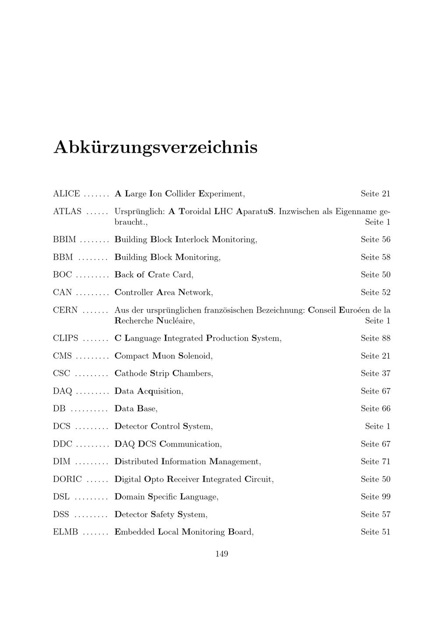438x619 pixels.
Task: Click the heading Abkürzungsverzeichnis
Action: (155, 148)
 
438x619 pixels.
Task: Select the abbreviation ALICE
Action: (67, 193)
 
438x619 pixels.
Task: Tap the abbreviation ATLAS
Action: (67, 211)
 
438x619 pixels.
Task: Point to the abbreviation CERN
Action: (65, 310)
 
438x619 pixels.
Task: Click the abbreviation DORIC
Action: (67, 479)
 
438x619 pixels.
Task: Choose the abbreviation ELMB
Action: (66, 532)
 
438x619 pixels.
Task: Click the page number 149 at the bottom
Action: (222, 554)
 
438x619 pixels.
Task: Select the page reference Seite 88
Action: (375, 338)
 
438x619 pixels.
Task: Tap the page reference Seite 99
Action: (375, 496)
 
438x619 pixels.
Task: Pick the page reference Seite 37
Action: (375, 373)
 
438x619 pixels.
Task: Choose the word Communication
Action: (191, 444)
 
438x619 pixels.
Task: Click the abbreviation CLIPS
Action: (66, 338)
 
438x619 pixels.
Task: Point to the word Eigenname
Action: (356, 212)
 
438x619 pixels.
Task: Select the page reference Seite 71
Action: (375, 461)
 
